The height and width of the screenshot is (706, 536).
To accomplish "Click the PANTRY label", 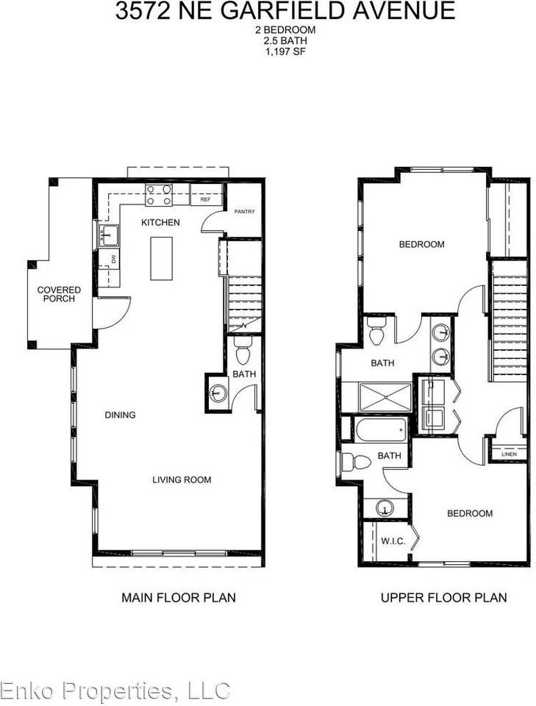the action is coord(244,212).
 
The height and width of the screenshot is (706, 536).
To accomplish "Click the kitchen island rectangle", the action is coord(161,258).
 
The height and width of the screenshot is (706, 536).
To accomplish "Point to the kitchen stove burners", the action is coord(159,195).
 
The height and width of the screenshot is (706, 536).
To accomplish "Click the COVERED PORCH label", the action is coord(59,294).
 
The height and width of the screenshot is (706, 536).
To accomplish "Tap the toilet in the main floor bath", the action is coord(243,350).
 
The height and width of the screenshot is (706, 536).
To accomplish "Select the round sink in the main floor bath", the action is coord(218,393).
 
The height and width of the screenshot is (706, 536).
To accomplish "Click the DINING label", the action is coord(120,415).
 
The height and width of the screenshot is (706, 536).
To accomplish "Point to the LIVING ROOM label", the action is coord(182,479).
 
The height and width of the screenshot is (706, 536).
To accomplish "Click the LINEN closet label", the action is coord(509,454).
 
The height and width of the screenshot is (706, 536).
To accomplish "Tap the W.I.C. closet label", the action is coord(393,541).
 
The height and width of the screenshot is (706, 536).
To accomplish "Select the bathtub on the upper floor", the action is coord(381,429).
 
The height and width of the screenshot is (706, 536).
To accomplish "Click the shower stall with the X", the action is coord(385,396).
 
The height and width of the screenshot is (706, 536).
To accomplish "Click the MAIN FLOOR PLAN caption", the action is coord(179,597).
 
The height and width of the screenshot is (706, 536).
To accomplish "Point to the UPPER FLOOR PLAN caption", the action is coord(444,597).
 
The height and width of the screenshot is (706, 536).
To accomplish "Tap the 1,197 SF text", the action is coord(285,51).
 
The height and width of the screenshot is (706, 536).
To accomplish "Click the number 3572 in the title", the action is coord(143,10).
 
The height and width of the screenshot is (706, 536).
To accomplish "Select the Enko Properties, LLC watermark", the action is coord(115,691).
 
